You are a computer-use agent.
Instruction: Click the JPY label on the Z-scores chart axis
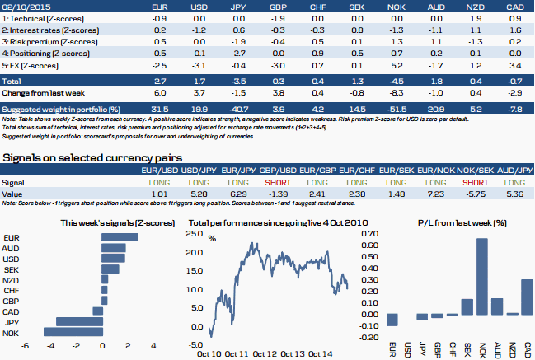12,323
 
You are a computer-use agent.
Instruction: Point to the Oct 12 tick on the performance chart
265,353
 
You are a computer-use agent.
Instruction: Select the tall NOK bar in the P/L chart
482,276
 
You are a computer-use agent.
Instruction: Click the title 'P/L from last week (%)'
461,222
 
